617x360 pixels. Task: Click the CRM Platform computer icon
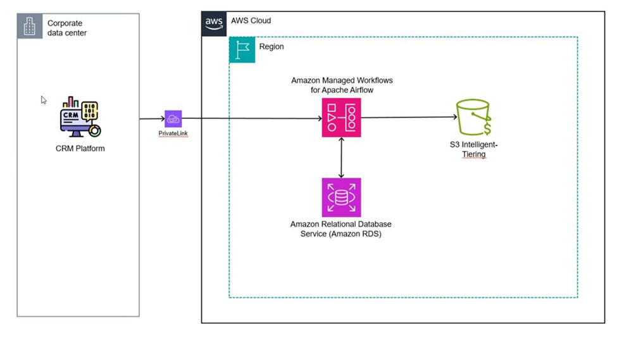80,118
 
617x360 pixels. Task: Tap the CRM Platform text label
80,149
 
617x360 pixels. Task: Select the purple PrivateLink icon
173,118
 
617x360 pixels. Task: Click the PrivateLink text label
173,133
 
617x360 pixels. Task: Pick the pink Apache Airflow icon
341,118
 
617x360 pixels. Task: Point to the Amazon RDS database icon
341,197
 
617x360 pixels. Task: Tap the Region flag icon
242,49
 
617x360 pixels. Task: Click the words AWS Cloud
251,21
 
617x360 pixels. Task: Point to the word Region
271,47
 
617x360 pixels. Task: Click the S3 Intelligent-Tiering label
473,149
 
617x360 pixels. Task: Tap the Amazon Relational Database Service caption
341,229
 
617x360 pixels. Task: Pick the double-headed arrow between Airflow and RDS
342,157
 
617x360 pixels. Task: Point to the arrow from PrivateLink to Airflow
253,118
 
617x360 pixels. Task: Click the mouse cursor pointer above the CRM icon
44,99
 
